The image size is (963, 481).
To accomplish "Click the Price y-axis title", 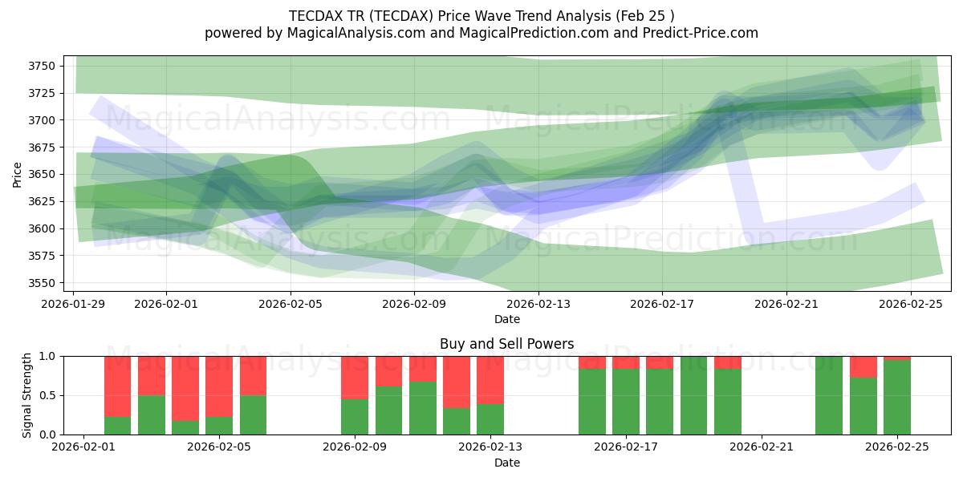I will (17, 174).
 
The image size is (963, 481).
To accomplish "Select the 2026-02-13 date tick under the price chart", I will (538, 304).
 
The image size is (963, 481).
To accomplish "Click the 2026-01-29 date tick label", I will (74, 304).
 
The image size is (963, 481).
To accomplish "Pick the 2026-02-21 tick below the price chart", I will (786, 304).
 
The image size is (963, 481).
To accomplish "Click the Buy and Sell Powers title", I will (506, 344).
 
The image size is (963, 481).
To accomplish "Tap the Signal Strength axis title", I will (28, 395).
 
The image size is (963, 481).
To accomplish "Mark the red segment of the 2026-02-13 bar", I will (490, 380).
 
